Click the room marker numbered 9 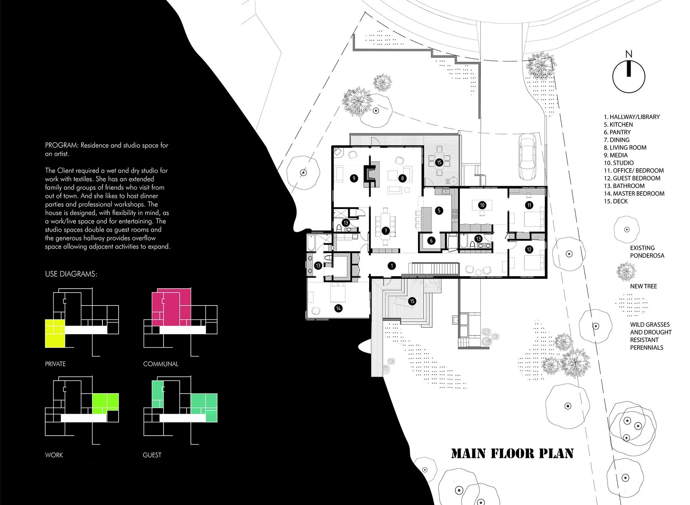(354, 178)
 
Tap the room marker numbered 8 (402, 178)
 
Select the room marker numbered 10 (482, 205)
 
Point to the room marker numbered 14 (338, 308)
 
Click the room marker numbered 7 (386, 231)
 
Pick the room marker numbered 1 (392, 266)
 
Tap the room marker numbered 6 (431, 241)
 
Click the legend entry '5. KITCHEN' (618, 124)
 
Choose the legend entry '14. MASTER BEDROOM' (634, 193)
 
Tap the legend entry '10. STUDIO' (618, 163)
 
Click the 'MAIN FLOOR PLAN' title (512, 453)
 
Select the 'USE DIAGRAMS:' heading (71, 274)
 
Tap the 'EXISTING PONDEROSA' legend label (647, 252)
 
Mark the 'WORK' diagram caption (54, 455)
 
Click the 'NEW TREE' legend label (643, 286)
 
